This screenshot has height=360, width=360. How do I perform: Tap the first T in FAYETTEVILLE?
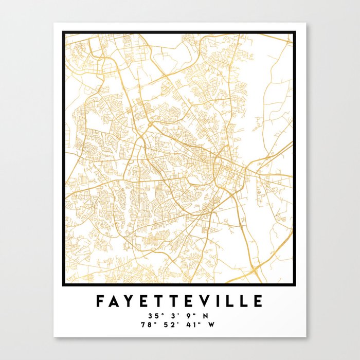160,300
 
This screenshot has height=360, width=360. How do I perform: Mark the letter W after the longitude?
213,325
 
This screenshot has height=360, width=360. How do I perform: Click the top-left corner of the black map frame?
64,32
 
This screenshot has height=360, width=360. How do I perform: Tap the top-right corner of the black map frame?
295,32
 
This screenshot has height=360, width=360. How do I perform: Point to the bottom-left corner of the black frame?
64,284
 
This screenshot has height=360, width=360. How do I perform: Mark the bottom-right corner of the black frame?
295,284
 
